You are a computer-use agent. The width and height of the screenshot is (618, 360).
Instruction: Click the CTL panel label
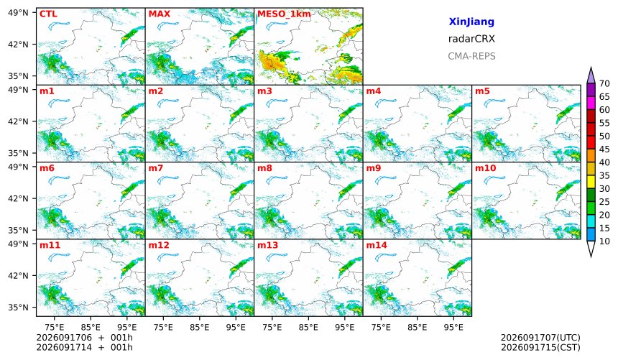tap(48, 14)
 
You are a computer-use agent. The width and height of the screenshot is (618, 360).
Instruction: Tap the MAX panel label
tap(160, 14)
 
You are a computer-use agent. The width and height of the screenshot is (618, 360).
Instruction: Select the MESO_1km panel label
tap(284, 14)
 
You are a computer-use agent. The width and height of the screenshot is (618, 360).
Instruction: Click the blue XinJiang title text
tap(471, 22)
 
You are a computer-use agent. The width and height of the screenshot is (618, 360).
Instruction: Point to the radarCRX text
tap(471, 39)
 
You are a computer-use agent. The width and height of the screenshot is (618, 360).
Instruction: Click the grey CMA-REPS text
tap(471, 56)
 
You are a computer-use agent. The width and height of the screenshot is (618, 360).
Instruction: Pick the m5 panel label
tap(482, 91)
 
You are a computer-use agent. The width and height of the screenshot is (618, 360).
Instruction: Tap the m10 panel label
tap(485, 168)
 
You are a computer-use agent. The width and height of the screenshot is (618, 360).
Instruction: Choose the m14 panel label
tap(377, 245)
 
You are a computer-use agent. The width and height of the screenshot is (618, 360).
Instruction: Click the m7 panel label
tap(156, 168)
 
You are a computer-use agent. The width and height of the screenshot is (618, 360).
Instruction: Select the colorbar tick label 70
tap(604, 83)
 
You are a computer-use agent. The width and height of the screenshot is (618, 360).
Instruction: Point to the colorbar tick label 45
tap(604, 149)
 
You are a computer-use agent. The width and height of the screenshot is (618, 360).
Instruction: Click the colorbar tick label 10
tap(604, 241)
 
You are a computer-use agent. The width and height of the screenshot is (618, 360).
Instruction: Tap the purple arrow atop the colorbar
tap(591, 76)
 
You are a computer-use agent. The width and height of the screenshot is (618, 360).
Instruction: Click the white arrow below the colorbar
tap(591, 249)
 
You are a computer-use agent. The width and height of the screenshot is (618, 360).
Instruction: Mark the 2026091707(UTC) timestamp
tap(540, 338)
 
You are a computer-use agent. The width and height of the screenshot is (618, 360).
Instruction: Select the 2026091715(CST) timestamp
tap(540, 348)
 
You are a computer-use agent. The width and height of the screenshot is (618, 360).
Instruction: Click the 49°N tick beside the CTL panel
tap(18, 13)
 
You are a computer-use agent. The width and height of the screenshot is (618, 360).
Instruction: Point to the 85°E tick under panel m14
tap(417, 327)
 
